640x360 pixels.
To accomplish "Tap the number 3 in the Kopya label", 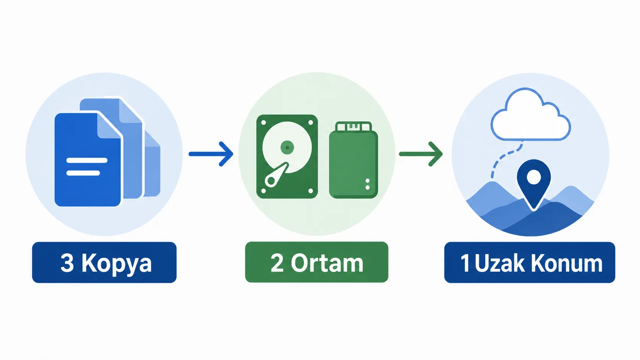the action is [x=67, y=263].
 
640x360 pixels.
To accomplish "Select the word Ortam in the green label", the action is [x=327, y=263].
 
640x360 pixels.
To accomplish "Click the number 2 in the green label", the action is [x=277, y=263].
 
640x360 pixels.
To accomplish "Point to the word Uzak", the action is [x=500, y=263].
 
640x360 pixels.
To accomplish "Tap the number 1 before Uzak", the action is [x=465, y=263].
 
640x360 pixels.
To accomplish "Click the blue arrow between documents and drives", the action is [x=211, y=154].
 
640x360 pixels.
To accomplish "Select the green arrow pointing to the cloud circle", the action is [x=421, y=154].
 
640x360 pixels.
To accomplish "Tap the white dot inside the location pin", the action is [x=534, y=177].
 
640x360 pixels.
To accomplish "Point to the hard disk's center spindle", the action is [x=287, y=148].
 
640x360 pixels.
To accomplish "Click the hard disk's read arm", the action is [x=276, y=175].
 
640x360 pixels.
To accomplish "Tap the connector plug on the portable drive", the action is [x=353, y=126].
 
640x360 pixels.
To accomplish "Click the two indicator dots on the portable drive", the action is [x=367, y=184].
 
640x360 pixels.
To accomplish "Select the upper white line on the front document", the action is [x=87, y=160].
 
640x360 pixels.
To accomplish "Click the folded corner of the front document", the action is [x=109, y=125].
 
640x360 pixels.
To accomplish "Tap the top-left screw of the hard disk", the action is [x=263, y=122].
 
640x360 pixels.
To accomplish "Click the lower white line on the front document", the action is [x=83, y=173].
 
